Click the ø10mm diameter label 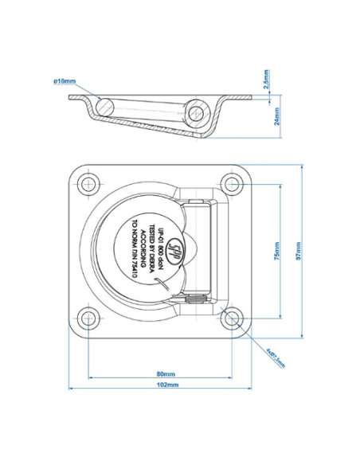(x=64, y=81)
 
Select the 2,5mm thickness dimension (x=266, y=78)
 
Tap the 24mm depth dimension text (x=266, y=116)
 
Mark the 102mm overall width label (x=166, y=385)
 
